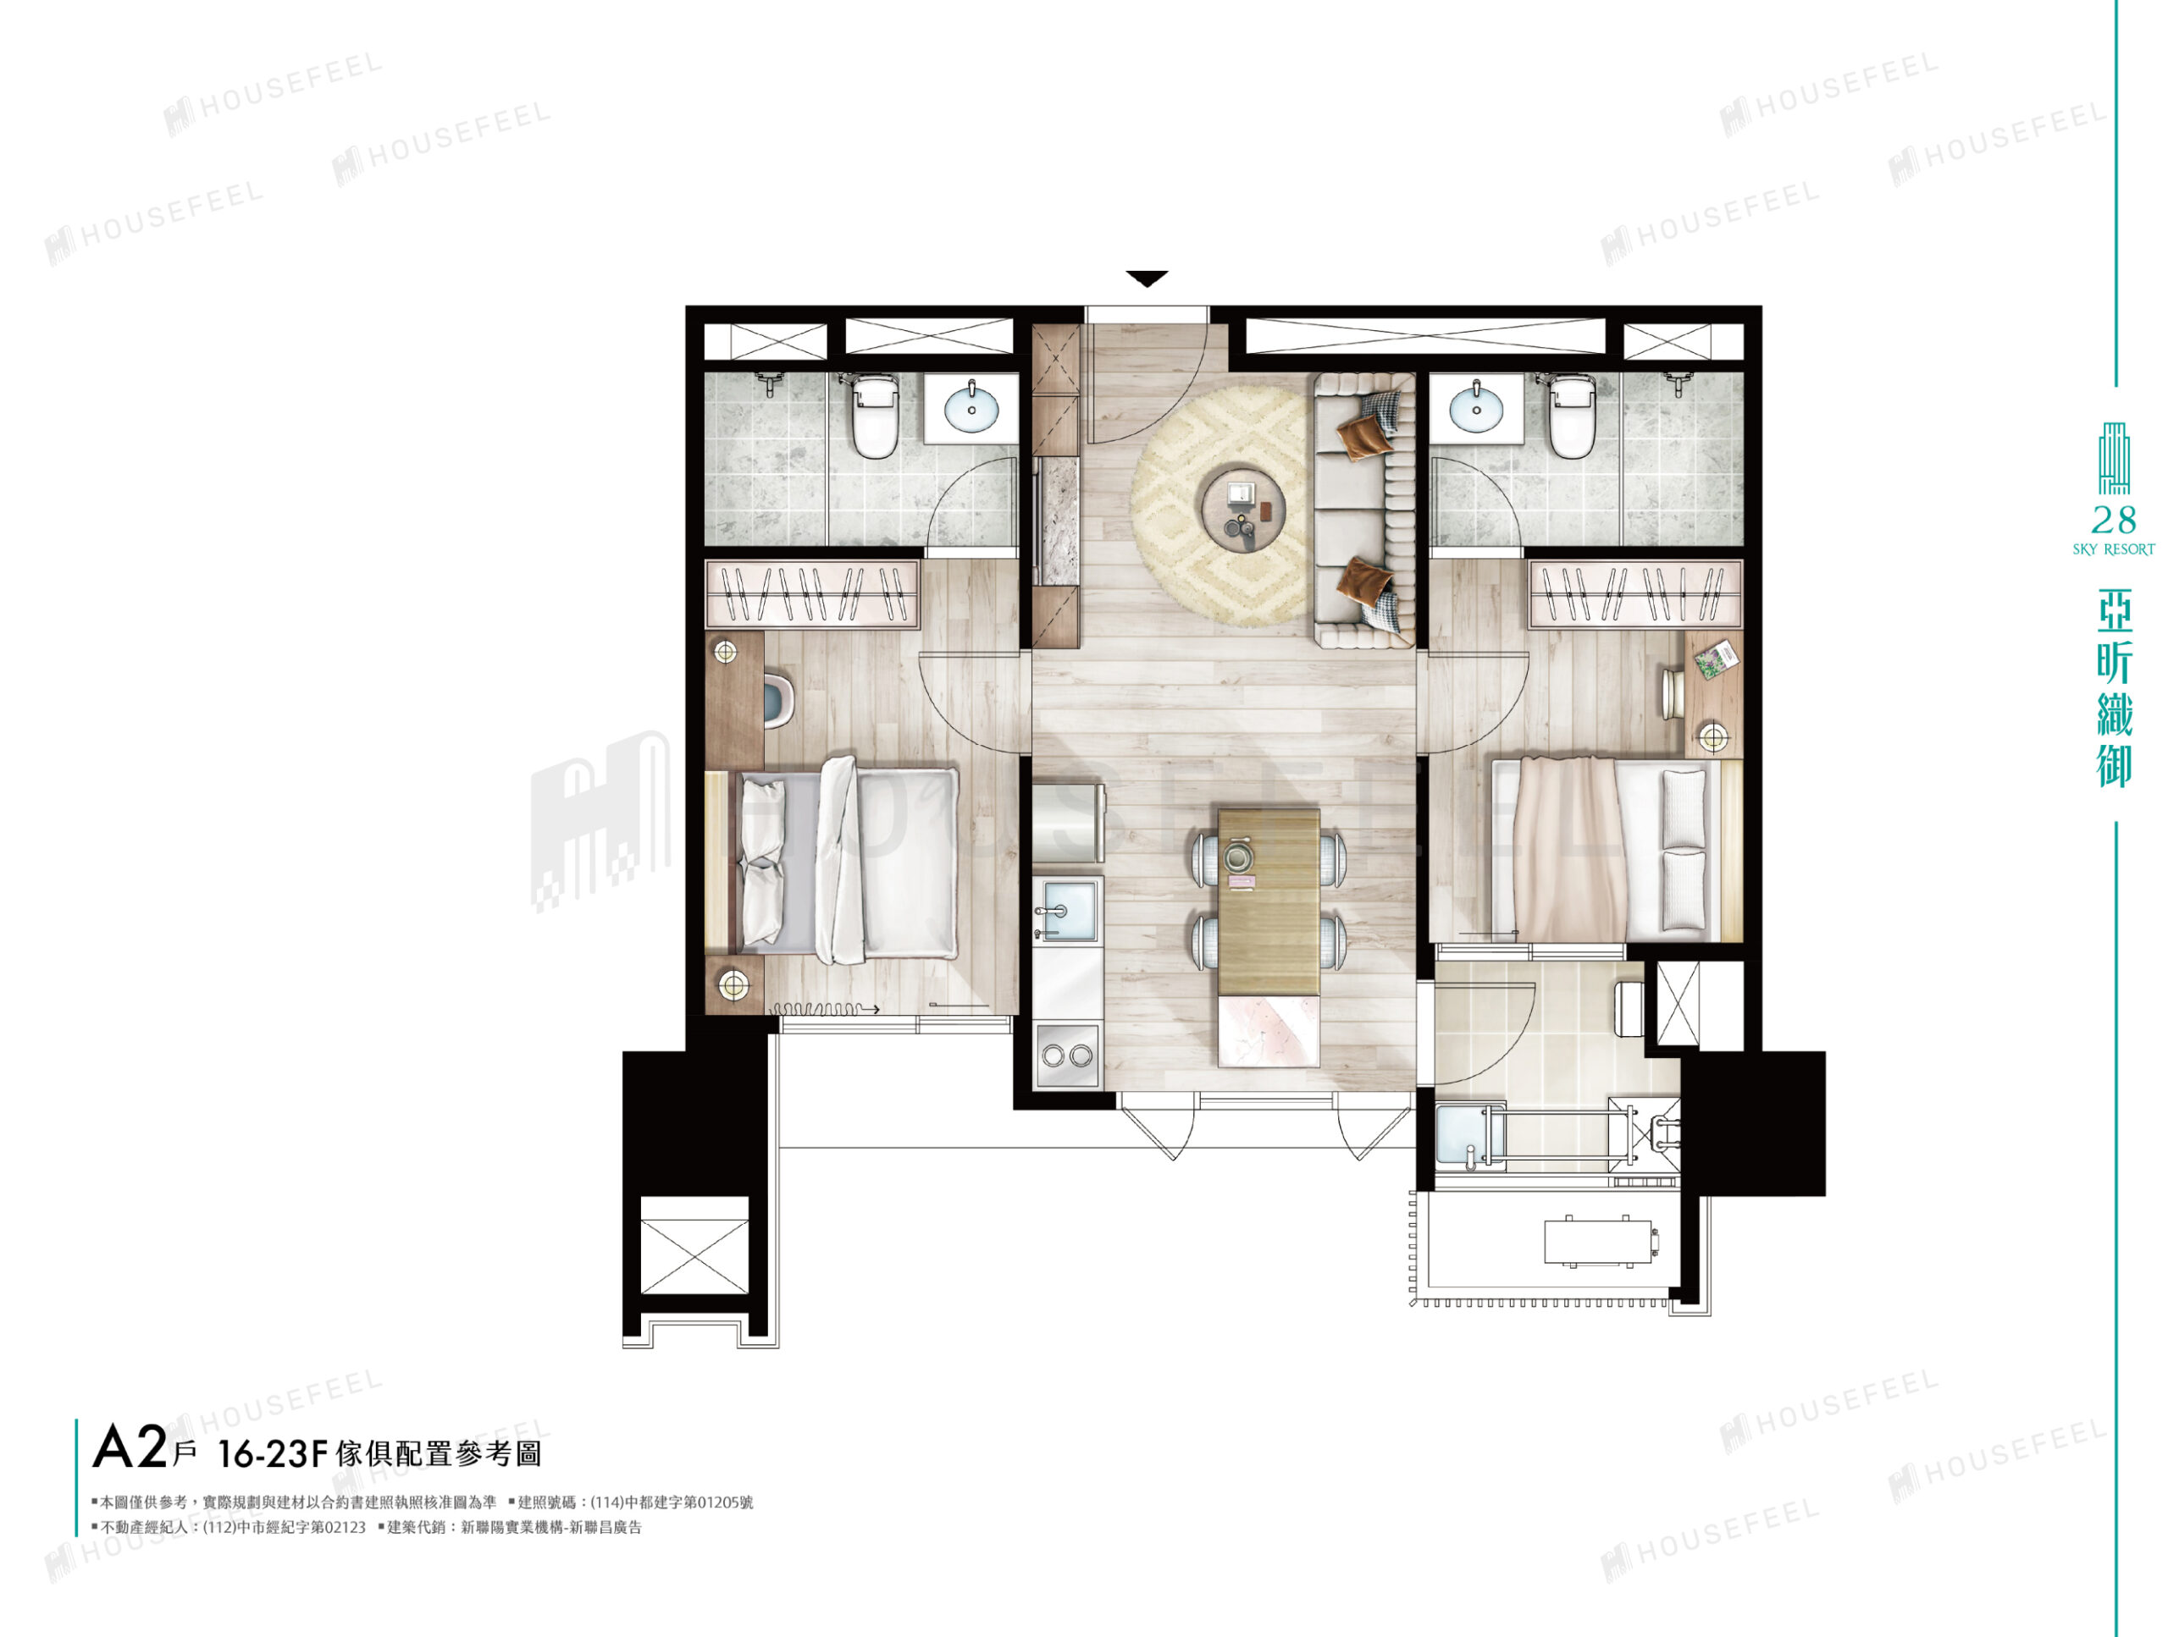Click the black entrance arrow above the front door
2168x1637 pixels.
(x=1147, y=278)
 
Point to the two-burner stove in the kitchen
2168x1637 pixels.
(x=1068, y=1056)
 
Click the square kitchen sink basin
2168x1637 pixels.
(x=1068, y=910)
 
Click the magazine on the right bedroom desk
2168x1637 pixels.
(x=1717, y=659)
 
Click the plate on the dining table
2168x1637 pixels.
(x=1238, y=855)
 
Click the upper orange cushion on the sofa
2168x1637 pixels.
(x=1364, y=436)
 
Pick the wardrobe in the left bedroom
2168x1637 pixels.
(x=811, y=593)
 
